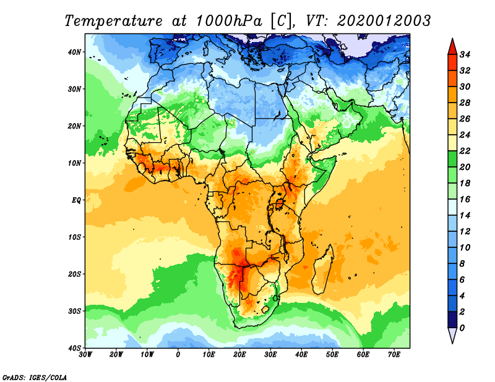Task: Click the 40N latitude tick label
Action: click(74, 52)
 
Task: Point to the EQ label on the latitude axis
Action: click(76, 200)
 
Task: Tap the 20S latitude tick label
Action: click(74, 274)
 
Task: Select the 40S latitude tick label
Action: click(74, 348)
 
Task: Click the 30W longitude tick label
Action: click(85, 355)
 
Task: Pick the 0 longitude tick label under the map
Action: click(178, 355)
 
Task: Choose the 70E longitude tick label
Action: click(394, 355)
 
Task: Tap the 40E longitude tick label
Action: click(301, 355)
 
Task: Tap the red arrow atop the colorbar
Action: click(452, 46)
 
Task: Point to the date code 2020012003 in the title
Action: click(384, 21)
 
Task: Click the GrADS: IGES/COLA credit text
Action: click(35, 376)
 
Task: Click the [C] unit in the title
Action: click(279, 21)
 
